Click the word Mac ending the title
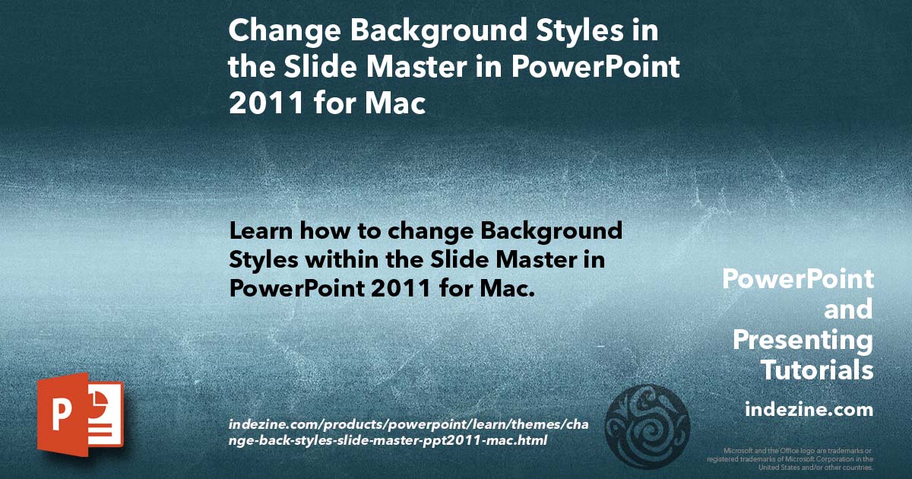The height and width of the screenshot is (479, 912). (x=394, y=103)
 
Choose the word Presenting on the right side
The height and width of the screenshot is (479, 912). (x=803, y=341)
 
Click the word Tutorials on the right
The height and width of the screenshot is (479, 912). (x=817, y=370)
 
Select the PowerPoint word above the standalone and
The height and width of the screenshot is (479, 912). (x=797, y=280)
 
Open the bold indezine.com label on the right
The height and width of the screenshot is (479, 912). (x=809, y=410)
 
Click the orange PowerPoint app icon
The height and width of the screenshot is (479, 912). (x=80, y=414)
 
